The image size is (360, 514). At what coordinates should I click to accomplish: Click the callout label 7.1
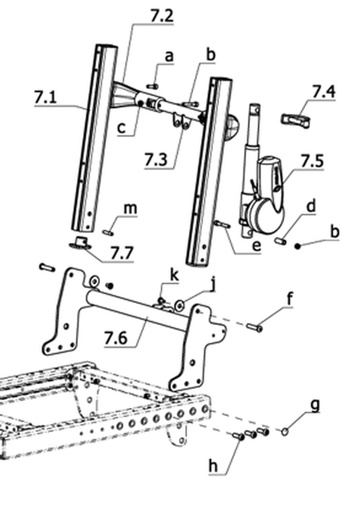[x=45, y=98]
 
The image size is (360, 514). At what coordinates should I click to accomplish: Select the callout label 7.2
[x=162, y=15]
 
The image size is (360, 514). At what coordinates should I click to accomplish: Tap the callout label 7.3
[x=156, y=160]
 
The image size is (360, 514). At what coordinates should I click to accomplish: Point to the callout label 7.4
[x=324, y=92]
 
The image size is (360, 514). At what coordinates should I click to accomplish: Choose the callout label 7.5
[x=312, y=161]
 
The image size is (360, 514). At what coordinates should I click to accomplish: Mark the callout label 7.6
[x=115, y=338]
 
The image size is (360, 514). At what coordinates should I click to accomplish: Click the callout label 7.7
[x=122, y=253]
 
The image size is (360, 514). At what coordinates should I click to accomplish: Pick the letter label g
[x=315, y=406]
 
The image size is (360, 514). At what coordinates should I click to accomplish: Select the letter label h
[x=213, y=465]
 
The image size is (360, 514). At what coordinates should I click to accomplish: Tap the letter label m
[x=130, y=209]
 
